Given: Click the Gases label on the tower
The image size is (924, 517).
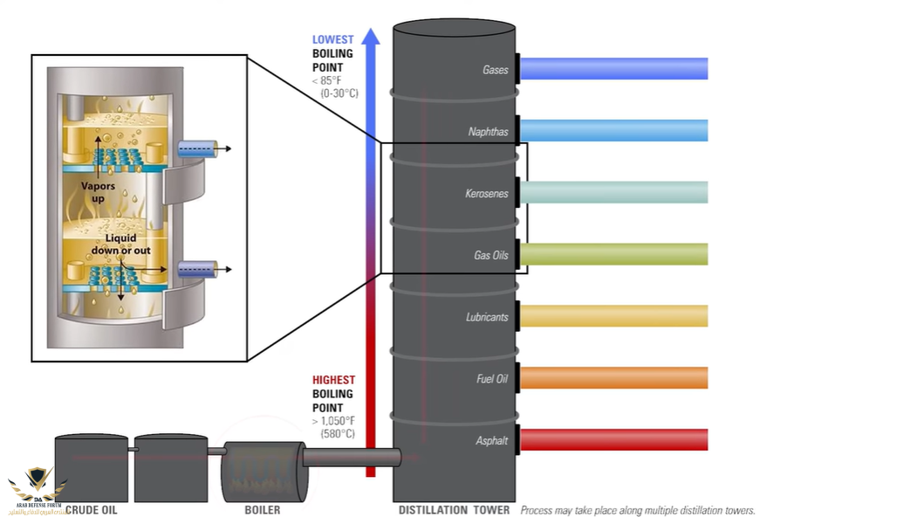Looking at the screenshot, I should point(495,70).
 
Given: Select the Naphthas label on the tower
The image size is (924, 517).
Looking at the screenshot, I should point(488,132).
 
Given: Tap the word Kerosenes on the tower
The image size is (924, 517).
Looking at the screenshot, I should point(486,194).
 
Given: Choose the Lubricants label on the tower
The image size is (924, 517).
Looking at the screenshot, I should point(486,317).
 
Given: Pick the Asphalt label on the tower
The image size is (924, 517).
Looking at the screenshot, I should point(491,441).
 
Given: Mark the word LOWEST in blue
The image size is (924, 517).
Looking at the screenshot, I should point(333,40).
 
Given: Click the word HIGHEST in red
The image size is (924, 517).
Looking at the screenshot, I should point(334,380).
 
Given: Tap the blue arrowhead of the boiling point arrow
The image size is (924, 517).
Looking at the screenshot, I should point(371,36).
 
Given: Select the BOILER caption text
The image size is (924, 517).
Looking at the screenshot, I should point(262,510).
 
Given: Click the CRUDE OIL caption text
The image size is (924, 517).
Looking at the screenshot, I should point(91,510).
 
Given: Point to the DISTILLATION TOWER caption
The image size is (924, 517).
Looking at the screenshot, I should point(455,510).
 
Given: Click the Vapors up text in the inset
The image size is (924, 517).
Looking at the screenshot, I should point(98,192).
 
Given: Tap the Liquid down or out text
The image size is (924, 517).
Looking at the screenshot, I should point(121,245).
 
